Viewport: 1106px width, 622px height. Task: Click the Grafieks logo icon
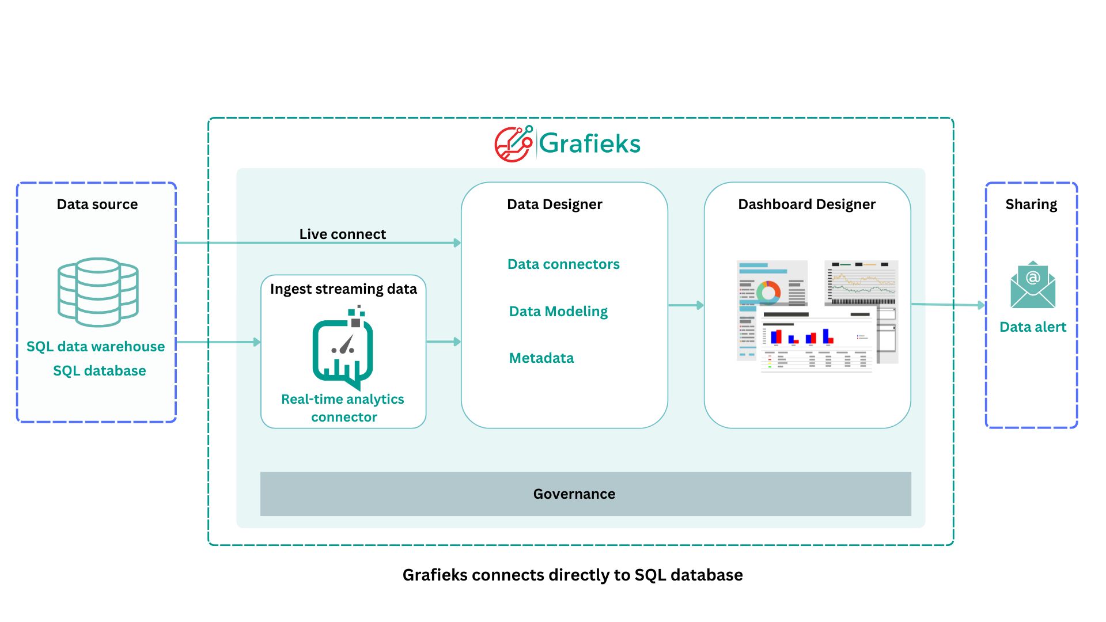(x=513, y=144)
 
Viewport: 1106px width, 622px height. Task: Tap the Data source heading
(x=97, y=204)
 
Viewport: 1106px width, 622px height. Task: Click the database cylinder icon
(x=98, y=292)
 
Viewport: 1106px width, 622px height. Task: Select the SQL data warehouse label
(x=96, y=346)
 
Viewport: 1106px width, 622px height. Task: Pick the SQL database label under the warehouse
(x=99, y=370)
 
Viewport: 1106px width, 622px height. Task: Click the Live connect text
(x=342, y=234)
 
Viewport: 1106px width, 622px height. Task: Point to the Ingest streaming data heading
(x=343, y=289)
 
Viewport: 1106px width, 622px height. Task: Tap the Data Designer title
(x=554, y=204)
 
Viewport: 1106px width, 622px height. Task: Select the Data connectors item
(x=563, y=264)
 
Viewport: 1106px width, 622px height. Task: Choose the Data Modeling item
(x=558, y=311)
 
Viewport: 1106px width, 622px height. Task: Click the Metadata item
(x=541, y=358)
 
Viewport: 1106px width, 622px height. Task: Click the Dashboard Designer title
(x=806, y=204)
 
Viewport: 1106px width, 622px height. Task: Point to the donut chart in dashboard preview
(x=768, y=292)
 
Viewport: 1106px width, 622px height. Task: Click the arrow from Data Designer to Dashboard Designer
(x=685, y=305)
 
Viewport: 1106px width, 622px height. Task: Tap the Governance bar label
(x=574, y=494)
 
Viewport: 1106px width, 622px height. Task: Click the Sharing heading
(x=1031, y=204)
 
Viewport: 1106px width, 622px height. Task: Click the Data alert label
(x=1032, y=327)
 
